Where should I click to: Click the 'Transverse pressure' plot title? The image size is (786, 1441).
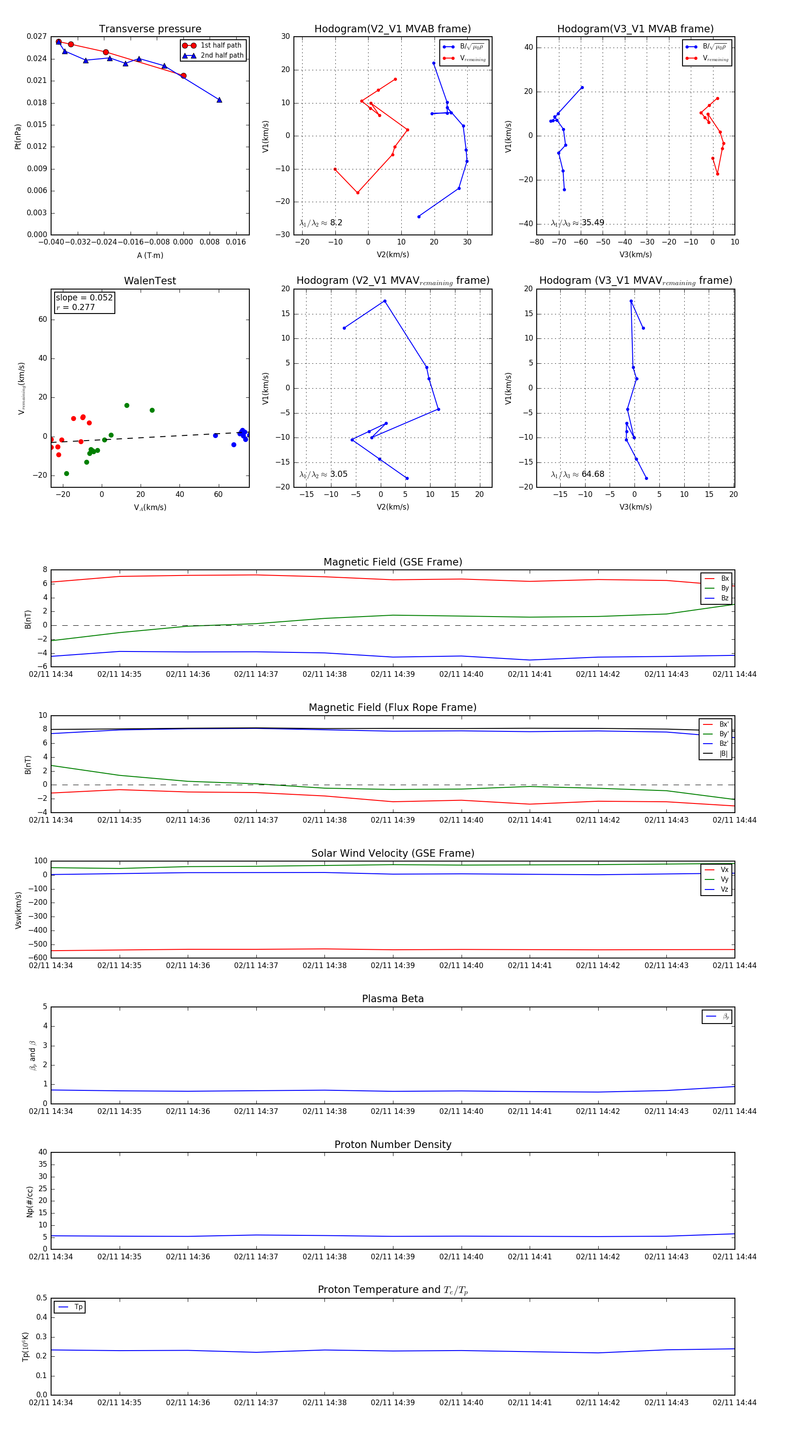coord(150,29)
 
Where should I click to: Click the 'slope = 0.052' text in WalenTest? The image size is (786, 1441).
coord(84,298)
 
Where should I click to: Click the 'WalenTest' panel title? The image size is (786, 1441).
coord(150,281)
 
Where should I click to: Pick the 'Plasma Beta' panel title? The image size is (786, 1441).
coord(393,999)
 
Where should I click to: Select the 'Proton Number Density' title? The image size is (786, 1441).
coord(393,1144)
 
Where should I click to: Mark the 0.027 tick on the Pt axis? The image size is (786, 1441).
coord(37,36)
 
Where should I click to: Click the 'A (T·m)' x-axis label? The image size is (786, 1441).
coord(150,255)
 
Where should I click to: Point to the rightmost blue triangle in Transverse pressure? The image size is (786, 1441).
coord(219,100)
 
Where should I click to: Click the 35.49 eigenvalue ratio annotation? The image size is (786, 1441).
coord(593,223)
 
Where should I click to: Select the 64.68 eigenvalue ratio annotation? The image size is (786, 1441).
coord(593,474)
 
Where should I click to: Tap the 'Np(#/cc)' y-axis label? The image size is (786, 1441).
coord(30,1202)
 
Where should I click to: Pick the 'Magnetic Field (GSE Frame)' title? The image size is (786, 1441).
coord(393,562)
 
